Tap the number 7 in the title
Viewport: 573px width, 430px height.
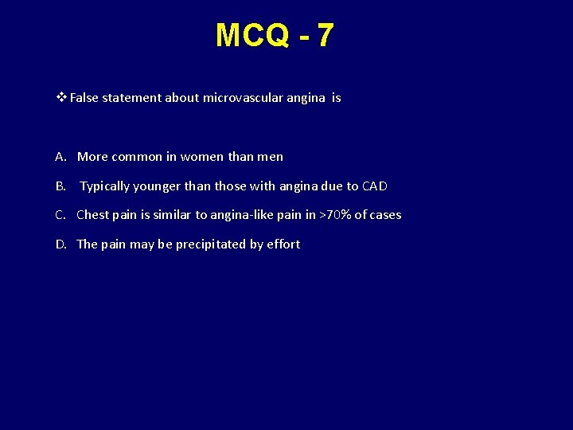point(325,36)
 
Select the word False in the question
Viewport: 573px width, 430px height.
point(83,98)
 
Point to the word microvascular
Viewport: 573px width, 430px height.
point(238,98)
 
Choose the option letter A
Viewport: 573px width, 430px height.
point(60,157)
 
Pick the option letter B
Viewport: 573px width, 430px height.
point(60,186)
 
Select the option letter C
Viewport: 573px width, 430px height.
point(60,215)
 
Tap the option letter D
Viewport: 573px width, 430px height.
point(60,244)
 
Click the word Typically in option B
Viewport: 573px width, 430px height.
point(104,186)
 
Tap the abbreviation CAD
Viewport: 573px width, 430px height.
point(375,186)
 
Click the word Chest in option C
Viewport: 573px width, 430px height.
point(92,215)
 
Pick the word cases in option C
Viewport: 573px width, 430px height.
point(384,215)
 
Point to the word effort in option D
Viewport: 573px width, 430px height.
point(283,244)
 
